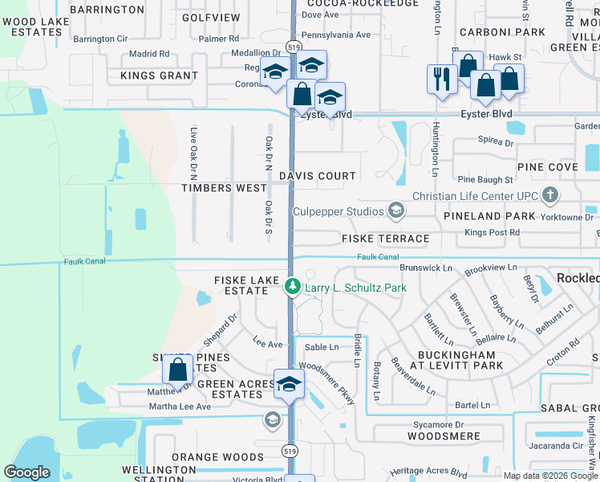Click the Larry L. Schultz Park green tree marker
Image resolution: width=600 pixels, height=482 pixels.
click(x=293, y=286)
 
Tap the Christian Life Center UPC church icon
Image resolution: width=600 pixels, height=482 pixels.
click(x=550, y=195)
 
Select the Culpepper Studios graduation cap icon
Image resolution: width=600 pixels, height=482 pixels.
click(x=395, y=210)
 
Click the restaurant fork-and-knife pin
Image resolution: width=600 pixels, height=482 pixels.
click(x=442, y=80)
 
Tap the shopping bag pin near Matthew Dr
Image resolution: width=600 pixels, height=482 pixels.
click(x=177, y=371)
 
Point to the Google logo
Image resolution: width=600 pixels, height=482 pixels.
click(x=26, y=472)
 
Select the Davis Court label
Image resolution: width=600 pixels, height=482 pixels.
click(x=317, y=176)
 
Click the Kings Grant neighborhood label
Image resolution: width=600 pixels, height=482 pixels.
click(x=159, y=76)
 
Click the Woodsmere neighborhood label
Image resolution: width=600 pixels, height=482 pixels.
click(x=444, y=436)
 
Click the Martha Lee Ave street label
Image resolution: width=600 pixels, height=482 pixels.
click(x=179, y=406)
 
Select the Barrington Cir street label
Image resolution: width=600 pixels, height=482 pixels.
click(x=100, y=39)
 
